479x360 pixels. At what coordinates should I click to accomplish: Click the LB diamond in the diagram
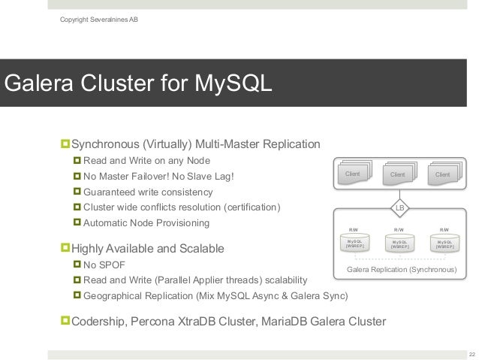(x=399, y=207)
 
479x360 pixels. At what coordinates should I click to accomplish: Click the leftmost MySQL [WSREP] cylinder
(x=354, y=244)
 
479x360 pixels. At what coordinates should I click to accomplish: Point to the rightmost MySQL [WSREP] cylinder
(x=444, y=244)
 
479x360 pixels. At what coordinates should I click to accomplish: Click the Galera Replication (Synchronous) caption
(x=400, y=268)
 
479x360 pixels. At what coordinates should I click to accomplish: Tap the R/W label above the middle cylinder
(x=399, y=230)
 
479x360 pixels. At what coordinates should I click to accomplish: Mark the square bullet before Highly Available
(x=65, y=247)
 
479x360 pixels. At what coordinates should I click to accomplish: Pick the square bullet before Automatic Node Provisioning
(x=77, y=222)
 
